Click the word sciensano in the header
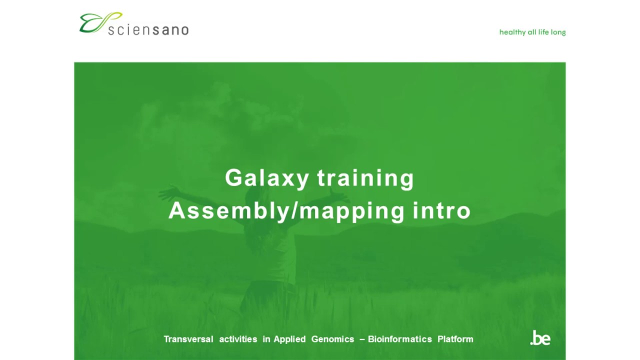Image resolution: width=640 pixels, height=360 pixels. [x=148, y=29]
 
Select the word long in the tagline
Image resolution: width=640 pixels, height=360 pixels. [x=558, y=32]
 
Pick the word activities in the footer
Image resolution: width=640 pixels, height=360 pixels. [x=238, y=339]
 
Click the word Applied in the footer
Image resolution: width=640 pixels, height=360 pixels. [x=289, y=339]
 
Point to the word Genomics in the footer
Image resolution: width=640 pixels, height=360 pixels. [x=332, y=339]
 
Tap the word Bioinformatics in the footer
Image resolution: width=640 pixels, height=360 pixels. [x=400, y=339]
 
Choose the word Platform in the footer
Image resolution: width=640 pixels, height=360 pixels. [x=455, y=339]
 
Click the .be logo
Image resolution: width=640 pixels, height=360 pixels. [x=540, y=338]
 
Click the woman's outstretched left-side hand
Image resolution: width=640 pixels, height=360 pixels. [x=164, y=191]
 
